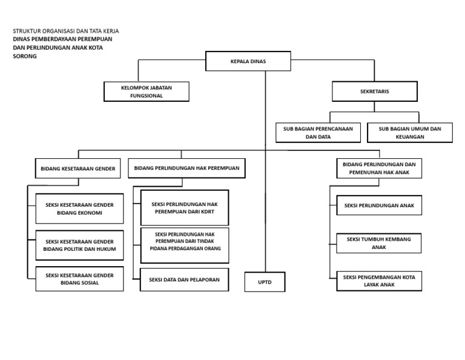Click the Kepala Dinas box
tap(248, 61)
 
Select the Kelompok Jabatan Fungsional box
tap(146, 92)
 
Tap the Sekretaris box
tap(375, 92)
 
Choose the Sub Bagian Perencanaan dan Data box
tap(318, 133)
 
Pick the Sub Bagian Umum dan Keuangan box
tap(410, 133)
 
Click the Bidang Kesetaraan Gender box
tap(77, 168)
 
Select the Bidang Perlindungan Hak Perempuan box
tap(186, 168)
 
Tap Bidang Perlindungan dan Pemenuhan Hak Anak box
tap(379, 168)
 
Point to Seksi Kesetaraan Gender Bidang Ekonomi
tap(79, 208)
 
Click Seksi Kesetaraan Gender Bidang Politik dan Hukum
tap(79, 245)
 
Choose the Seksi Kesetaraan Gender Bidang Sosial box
tap(79, 279)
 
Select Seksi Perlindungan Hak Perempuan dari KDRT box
tap(185, 208)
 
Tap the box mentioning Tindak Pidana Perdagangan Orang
tap(185, 245)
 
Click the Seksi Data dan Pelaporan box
tap(184, 279)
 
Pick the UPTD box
tap(265, 282)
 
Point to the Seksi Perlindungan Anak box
tap(379, 205)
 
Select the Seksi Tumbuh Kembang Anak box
tap(378, 243)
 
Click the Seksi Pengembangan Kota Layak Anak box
tap(379, 281)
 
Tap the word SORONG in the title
tap(25, 56)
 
